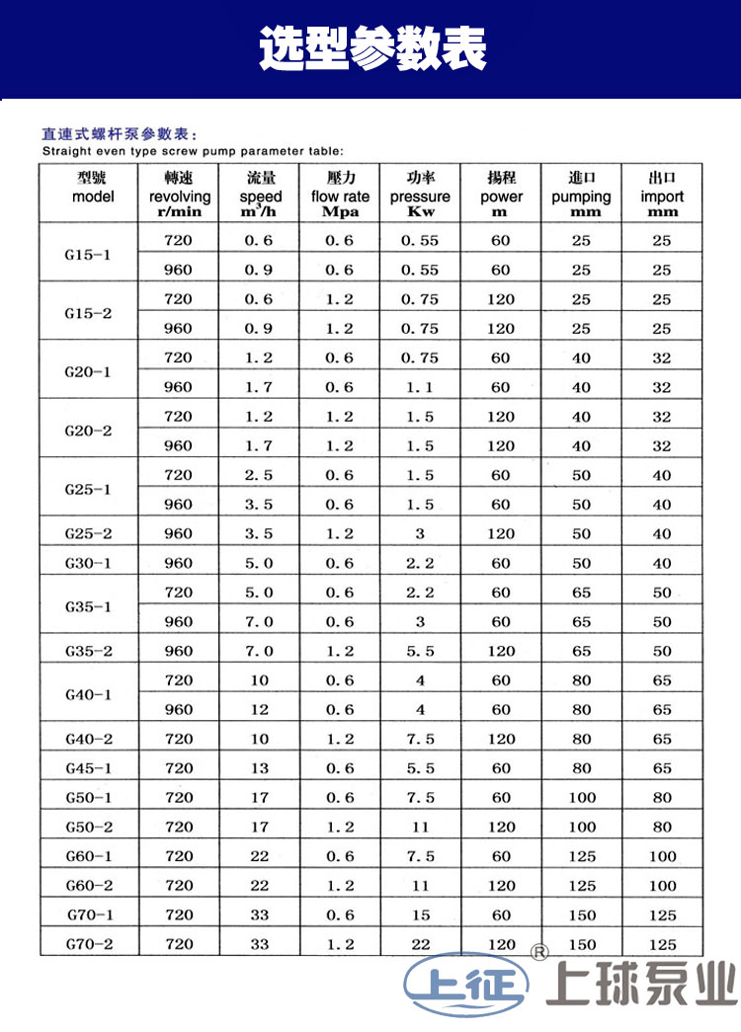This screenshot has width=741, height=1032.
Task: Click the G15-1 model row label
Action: point(88,255)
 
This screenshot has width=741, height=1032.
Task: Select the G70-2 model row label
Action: point(88,944)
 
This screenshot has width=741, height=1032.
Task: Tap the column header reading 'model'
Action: point(93,197)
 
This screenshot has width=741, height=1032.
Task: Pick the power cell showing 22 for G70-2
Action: point(421,944)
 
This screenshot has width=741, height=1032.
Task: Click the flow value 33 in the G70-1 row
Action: point(259,915)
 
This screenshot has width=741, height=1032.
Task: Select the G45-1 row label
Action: point(88,768)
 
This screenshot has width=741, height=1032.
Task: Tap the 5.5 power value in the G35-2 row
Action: point(421,652)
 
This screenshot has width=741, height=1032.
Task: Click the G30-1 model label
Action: point(88,564)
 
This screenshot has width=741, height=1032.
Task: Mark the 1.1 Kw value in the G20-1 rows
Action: point(421,388)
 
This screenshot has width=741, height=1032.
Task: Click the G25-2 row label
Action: point(88,534)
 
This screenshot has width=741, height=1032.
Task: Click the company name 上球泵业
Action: point(643,986)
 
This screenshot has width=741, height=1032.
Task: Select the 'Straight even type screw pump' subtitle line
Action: point(193,151)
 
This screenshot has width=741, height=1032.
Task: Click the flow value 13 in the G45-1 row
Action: point(259,768)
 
